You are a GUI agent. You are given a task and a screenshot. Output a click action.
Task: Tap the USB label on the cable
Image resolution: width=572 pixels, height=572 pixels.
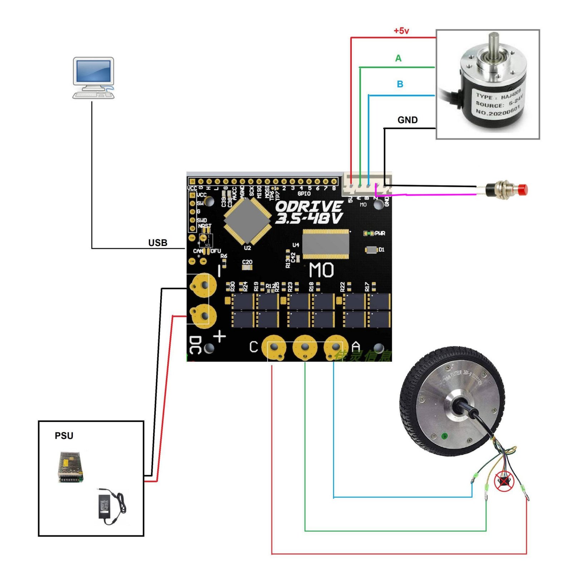tap(158, 243)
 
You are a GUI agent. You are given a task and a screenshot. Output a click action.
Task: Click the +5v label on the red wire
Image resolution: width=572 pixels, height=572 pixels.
tap(401, 31)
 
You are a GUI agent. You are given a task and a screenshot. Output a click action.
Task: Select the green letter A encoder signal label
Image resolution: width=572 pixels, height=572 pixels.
tap(398, 58)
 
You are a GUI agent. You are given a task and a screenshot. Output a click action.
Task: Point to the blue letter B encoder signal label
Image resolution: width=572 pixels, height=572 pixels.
tap(400, 84)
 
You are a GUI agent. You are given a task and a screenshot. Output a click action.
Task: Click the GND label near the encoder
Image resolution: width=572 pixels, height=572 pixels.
tap(408, 120)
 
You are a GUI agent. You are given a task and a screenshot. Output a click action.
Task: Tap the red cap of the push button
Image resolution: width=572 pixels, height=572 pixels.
tap(523, 189)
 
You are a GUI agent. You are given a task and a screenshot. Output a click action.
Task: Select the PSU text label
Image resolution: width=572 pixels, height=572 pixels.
tap(64, 435)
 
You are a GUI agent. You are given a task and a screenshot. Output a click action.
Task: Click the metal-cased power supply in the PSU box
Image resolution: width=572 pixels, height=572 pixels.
tap(70, 467)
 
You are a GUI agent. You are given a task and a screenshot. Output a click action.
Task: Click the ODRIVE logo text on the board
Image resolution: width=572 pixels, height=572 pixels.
tap(309, 212)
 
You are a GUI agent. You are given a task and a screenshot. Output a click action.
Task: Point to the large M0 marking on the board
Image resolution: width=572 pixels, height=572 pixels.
tap(321, 270)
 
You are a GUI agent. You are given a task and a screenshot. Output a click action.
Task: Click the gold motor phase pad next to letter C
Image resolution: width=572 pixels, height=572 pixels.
tap(274, 347)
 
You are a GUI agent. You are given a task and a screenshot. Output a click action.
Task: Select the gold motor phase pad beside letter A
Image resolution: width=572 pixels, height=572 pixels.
tap(335, 347)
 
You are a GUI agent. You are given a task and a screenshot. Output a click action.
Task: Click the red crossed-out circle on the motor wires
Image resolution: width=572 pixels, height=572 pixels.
tap(504, 481)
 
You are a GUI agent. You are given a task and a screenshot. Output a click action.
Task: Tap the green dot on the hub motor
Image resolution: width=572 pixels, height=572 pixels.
tap(445, 435)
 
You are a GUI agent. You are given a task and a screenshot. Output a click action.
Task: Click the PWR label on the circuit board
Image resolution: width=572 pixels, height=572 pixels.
tap(380, 233)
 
